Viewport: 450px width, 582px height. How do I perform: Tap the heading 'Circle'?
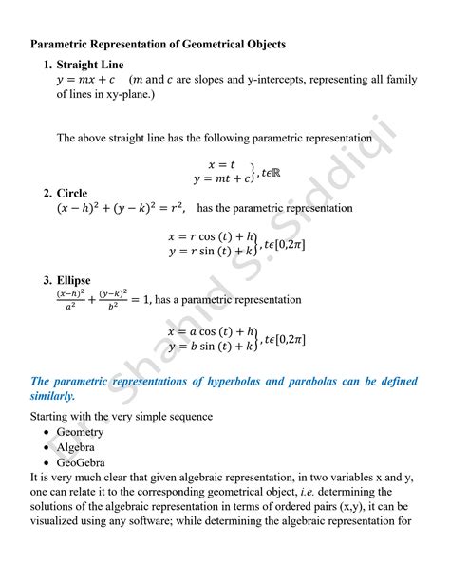(72, 193)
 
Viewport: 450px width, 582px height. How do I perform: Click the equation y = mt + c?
(222, 178)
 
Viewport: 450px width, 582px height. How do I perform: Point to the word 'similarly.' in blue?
(53, 396)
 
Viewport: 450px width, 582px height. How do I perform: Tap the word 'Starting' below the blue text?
(54, 415)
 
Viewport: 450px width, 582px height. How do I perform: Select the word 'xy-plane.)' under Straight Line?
(123, 95)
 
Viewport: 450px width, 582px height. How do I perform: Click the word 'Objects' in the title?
(262, 44)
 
